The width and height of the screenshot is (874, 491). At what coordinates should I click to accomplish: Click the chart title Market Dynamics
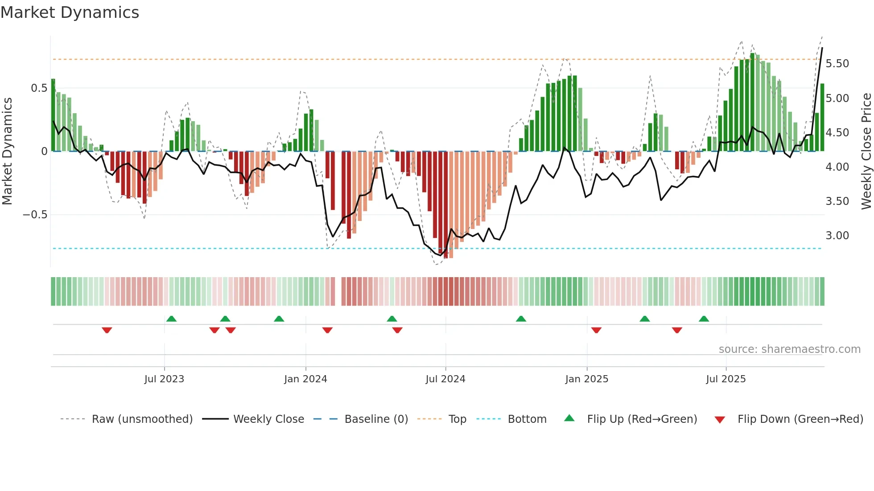click(x=70, y=12)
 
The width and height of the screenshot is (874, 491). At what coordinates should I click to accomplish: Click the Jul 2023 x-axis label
click(x=164, y=379)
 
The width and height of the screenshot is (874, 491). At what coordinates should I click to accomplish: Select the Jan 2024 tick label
click(x=305, y=379)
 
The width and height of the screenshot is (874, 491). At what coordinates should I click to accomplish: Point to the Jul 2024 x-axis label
click(x=445, y=379)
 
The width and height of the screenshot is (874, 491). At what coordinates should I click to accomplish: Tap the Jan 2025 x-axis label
click(x=586, y=379)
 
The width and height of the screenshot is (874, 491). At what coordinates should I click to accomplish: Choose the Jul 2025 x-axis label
click(x=726, y=379)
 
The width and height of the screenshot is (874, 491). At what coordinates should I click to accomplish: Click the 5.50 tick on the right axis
click(x=837, y=64)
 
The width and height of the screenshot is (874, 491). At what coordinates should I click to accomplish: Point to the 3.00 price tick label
click(x=837, y=236)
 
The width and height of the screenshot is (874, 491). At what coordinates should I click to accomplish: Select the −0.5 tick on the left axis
click(x=35, y=215)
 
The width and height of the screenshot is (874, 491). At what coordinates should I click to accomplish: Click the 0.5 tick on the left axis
click(x=39, y=88)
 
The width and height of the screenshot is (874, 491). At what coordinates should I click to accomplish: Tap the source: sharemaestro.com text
click(x=789, y=349)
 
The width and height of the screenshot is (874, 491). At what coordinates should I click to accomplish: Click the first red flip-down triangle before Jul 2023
click(x=107, y=330)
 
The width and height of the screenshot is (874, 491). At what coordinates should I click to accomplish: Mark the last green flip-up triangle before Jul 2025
click(x=704, y=319)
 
